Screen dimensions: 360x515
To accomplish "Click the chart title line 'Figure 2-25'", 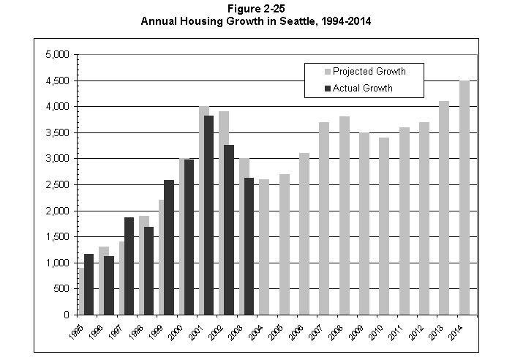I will (x=256, y=8).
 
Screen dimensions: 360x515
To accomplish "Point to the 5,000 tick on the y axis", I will (x=56, y=55).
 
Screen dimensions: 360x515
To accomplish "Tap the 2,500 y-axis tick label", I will (x=56, y=185).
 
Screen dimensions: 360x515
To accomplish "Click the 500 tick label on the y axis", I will (x=61, y=289).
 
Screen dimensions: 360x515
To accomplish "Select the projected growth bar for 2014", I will (x=464, y=198).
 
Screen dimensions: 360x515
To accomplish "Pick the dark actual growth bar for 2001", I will (x=208, y=215).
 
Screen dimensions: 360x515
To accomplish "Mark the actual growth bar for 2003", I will (x=248, y=246).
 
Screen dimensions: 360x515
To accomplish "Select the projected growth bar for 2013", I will (x=444, y=208).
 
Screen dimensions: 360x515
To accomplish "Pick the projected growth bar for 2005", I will (x=284, y=244).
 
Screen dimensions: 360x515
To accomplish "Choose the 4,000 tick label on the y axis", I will (x=56, y=107).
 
